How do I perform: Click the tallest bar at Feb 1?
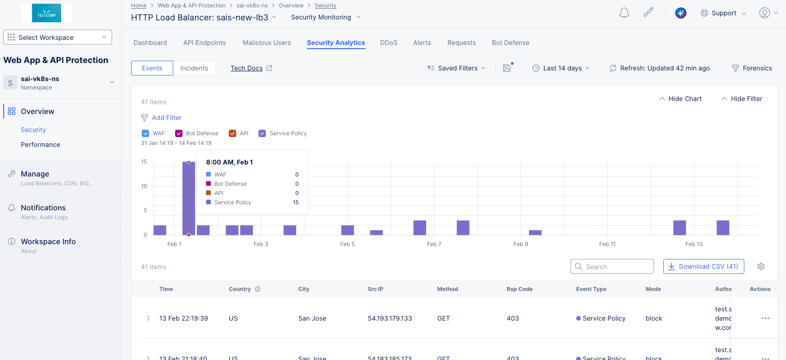(x=189, y=199)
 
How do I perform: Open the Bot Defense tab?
(x=510, y=43)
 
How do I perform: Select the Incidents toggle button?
(x=194, y=68)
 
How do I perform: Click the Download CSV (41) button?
(x=704, y=266)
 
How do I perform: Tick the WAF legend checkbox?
(x=145, y=133)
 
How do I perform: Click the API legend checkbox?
(x=233, y=133)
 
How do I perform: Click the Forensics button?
(x=752, y=68)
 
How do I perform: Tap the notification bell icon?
(x=624, y=13)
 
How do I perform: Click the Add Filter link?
(x=166, y=118)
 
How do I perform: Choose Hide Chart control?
(x=680, y=99)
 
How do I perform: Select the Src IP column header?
(x=375, y=289)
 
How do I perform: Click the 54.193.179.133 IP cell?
(x=390, y=318)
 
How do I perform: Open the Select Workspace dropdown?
(x=57, y=38)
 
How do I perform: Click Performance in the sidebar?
(x=40, y=145)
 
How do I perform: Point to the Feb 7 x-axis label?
(x=434, y=244)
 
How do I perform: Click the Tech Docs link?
(x=247, y=68)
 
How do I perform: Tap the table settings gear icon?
(x=761, y=266)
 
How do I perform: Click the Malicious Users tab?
(x=267, y=43)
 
